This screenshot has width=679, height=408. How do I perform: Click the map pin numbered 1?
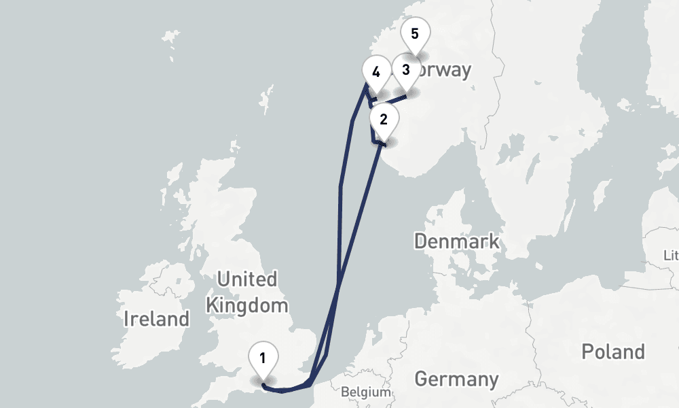[262, 358]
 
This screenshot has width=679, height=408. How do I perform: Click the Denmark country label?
[456, 241]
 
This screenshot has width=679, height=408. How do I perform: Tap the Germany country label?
[456, 378]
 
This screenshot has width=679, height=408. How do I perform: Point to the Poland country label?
[613, 352]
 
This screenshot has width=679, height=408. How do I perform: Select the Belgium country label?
[366, 392]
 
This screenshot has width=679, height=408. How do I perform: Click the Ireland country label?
[156, 318]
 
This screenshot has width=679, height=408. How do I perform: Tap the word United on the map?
[246, 279]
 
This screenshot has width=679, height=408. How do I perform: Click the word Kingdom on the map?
[247, 305]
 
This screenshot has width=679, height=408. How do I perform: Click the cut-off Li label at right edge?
[672, 256]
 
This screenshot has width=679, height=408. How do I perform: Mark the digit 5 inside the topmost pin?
[416, 33]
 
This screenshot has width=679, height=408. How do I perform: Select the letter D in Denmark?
[421, 241]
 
